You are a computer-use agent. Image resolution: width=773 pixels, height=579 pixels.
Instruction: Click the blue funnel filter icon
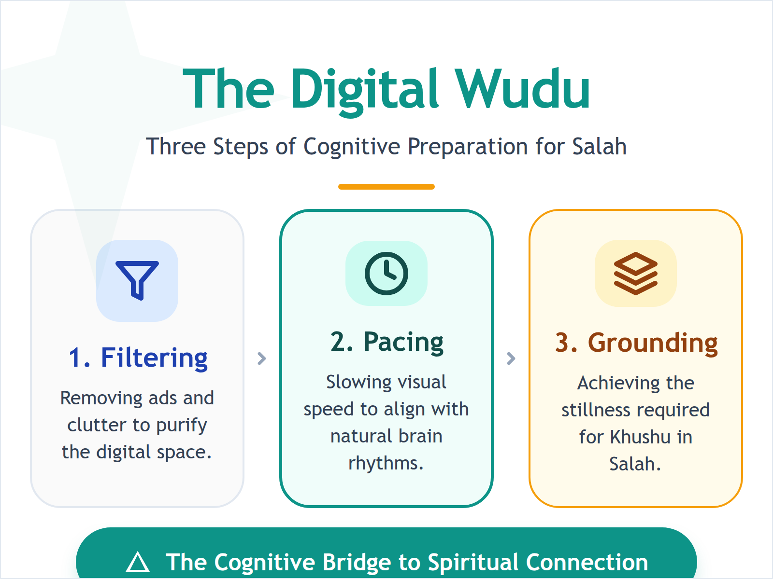click(137, 280)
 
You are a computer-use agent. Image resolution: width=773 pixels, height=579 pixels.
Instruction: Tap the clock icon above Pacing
click(386, 273)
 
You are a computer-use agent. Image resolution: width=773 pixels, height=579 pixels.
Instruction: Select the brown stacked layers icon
click(635, 273)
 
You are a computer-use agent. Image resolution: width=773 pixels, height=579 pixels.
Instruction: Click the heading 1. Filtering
click(138, 358)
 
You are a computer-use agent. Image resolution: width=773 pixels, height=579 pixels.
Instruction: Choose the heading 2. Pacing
click(387, 342)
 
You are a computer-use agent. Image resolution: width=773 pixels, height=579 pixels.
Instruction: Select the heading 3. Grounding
click(636, 343)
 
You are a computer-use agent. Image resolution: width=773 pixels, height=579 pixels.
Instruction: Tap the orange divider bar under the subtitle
click(386, 187)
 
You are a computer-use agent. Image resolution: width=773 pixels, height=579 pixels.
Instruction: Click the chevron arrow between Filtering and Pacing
click(262, 358)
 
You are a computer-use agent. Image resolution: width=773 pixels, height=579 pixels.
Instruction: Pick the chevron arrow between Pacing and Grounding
click(511, 358)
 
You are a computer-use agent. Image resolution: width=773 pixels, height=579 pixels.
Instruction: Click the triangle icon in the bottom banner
click(138, 562)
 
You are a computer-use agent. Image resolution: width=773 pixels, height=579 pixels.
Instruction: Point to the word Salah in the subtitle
click(599, 146)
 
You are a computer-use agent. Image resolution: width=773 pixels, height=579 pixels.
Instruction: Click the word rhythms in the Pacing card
click(386, 464)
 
